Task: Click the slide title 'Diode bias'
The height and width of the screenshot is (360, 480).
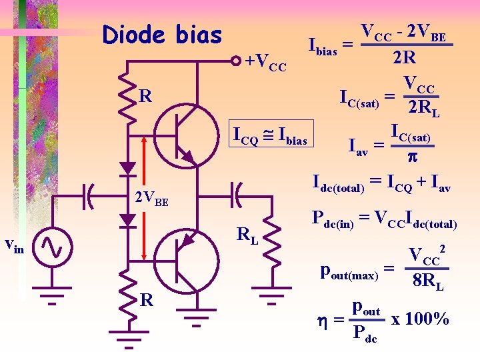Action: click(x=162, y=35)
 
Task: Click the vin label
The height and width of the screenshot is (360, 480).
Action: click(x=14, y=246)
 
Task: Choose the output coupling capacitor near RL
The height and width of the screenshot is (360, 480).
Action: click(x=237, y=195)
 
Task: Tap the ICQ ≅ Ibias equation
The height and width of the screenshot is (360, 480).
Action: click(x=269, y=139)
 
